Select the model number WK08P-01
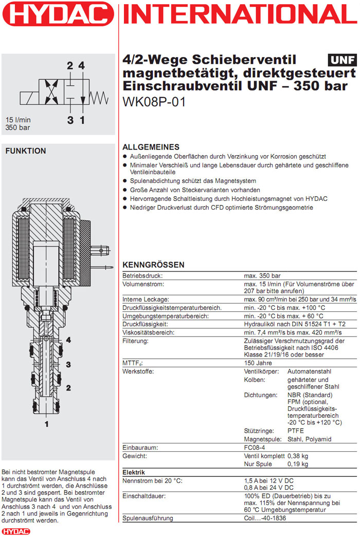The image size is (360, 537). [x=154, y=102]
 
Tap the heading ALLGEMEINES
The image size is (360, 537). [x=151, y=146]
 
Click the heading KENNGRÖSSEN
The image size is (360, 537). [x=153, y=265]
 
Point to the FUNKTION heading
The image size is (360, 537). [x=25, y=151]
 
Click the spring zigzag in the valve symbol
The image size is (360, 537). [x=98, y=96]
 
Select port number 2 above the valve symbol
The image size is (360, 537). [x=70, y=66]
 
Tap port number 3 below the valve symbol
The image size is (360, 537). [x=70, y=120]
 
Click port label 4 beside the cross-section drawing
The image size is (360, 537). [x=68, y=340]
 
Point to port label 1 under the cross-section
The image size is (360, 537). [x=46, y=424]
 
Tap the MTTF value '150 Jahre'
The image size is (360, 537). [x=258, y=363]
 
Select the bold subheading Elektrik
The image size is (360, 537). [x=134, y=472]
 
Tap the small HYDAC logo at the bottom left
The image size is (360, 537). [x=16, y=531]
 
